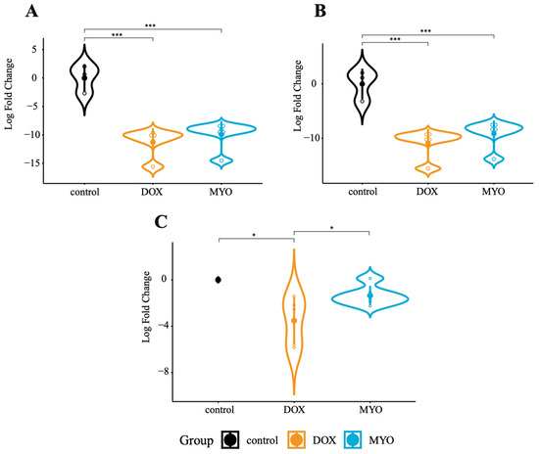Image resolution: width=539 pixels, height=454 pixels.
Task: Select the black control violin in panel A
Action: (84, 78)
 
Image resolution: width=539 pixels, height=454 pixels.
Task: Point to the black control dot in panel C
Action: (218, 280)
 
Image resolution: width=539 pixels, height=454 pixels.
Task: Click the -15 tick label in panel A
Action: (32, 162)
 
